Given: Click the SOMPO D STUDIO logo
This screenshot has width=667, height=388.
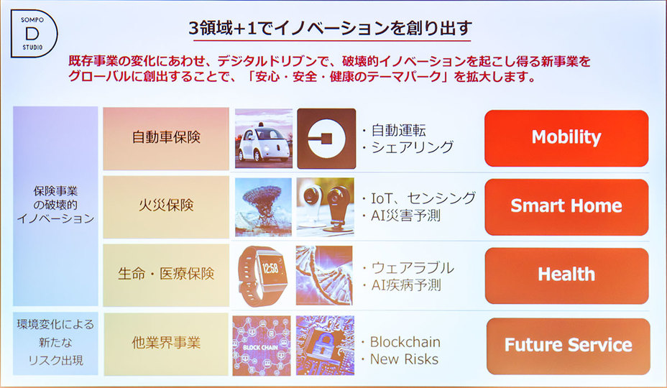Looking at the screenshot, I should point(33,35).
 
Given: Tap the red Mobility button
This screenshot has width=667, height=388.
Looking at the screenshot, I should point(566,137).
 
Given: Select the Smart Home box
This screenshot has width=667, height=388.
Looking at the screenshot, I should point(566,206).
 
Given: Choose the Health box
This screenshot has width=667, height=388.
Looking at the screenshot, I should point(566,274).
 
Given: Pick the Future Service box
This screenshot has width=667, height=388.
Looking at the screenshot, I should point(568,344).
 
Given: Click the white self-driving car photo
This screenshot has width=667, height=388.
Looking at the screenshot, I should point(263,138).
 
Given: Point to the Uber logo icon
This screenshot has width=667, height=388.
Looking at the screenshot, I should point(326,138).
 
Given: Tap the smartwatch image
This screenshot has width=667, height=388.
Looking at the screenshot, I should point(263,275).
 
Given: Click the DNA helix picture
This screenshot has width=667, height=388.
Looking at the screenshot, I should point(325,275).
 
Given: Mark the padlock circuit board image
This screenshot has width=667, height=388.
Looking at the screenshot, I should point(325,346).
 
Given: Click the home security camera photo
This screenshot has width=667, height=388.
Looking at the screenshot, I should point(325,207).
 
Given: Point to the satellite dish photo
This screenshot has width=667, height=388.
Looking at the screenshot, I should point(263,207).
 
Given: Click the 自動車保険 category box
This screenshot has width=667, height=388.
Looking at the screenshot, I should point(166,138).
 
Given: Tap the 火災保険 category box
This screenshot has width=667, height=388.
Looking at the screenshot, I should point(166,206).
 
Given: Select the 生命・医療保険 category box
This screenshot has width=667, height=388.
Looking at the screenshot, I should point(166,274).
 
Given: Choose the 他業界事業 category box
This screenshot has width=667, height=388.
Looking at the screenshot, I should point(166,343).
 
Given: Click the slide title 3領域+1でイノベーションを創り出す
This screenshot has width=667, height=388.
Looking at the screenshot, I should point(330,28).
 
